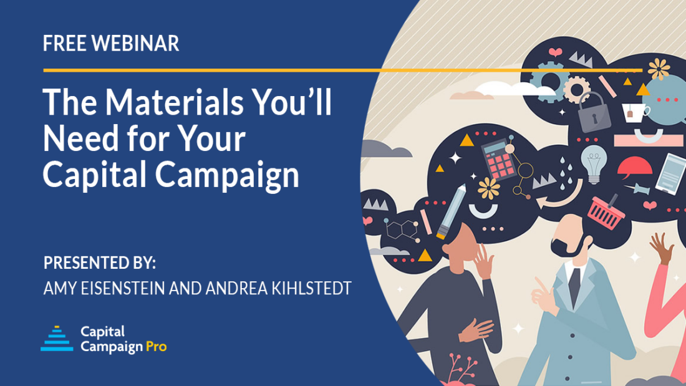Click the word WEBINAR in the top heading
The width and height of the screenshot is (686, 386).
[135, 43]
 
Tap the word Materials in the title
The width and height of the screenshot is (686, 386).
[174, 102]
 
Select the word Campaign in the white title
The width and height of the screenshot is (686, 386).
[227, 175]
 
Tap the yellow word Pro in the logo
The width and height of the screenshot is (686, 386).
[156, 347]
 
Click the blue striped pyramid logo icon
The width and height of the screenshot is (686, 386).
[57, 339]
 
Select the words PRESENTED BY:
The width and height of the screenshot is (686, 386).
[100, 263]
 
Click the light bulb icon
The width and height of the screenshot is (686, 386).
[594, 163]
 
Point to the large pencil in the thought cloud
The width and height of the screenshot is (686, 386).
[452, 211]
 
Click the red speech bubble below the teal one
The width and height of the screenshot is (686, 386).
[634, 168]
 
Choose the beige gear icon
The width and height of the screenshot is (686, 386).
[577, 89]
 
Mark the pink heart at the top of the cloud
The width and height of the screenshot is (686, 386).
[556, 52]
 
